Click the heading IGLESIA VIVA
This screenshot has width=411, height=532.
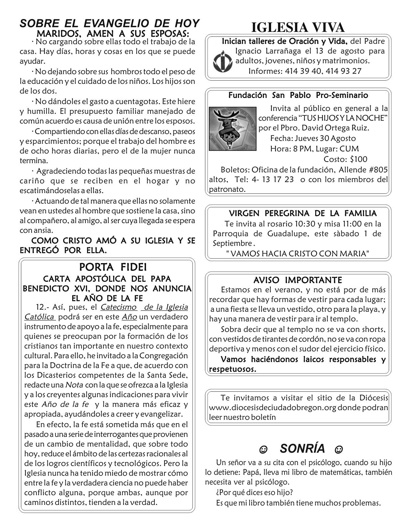pos(298,28)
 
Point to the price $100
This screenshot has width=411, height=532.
pos(354,159)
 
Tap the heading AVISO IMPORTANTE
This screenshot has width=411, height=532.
pos(298,280)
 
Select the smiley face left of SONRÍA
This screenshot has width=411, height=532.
pos(263,449)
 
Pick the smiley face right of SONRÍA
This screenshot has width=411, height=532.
pos(338,449)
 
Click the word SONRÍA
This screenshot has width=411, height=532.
pos(302,448)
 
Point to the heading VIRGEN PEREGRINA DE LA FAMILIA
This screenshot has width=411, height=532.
pos(302,213)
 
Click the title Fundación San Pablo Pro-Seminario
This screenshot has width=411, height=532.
pos(298,95)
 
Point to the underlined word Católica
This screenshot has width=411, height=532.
pos(39,317)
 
